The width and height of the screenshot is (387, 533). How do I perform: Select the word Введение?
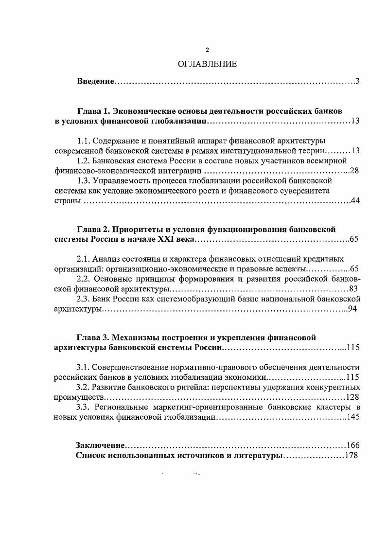pos(95,81)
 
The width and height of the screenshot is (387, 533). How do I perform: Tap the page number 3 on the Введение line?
pos(357,81)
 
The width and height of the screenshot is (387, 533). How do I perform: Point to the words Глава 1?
pos(94,110)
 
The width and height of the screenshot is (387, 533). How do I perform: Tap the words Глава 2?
pos(94,229)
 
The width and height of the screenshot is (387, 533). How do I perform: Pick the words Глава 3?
pos(94,337)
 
